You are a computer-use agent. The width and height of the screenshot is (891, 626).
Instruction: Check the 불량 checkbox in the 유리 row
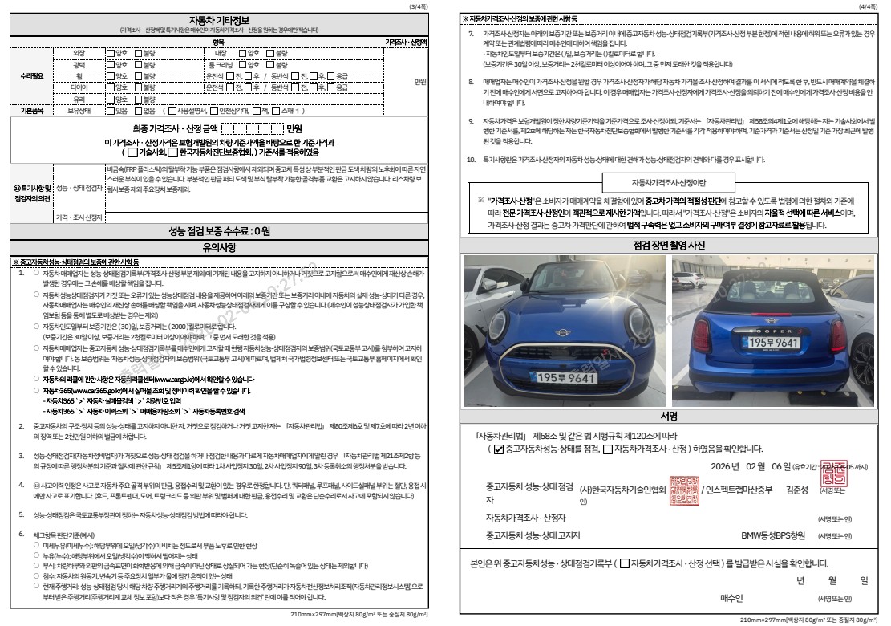tap(137, 100)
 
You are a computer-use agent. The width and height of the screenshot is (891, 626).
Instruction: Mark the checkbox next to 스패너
tap(276, 112)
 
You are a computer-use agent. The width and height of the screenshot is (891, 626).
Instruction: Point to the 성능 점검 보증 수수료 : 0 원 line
tap(218, 231)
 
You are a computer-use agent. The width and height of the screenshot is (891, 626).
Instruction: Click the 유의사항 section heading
tap(218, 247)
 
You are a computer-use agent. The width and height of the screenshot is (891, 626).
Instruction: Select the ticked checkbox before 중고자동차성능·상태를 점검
tap(498, 449)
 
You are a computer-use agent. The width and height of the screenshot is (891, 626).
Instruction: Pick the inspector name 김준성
tap(797, 488)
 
